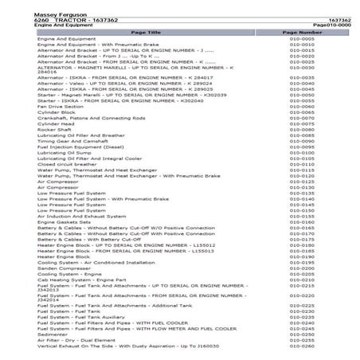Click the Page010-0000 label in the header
[x=332, y=25]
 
